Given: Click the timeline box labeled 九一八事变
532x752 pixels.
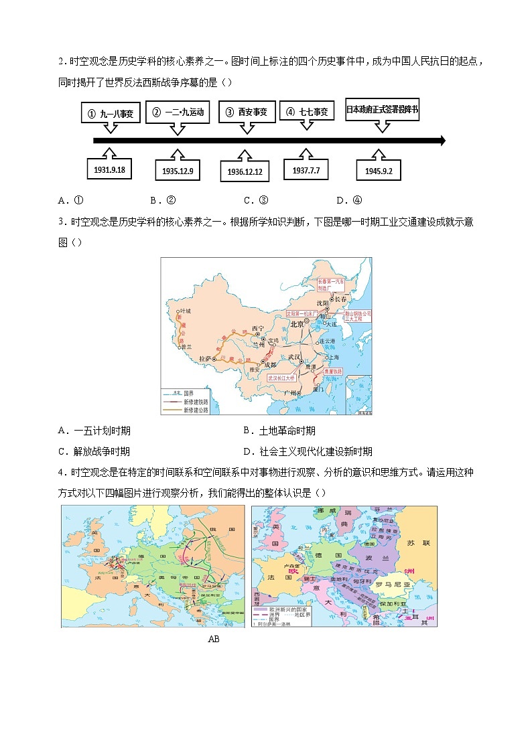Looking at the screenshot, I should tap(111, 113).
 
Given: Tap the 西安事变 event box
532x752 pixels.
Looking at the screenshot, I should tap(247, 112).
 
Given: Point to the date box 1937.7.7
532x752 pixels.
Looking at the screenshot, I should tap(306, 170).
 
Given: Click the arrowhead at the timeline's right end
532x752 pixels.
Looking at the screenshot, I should tap(440, 141).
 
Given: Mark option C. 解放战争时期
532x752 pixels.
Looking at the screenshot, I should tap(94, 451).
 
